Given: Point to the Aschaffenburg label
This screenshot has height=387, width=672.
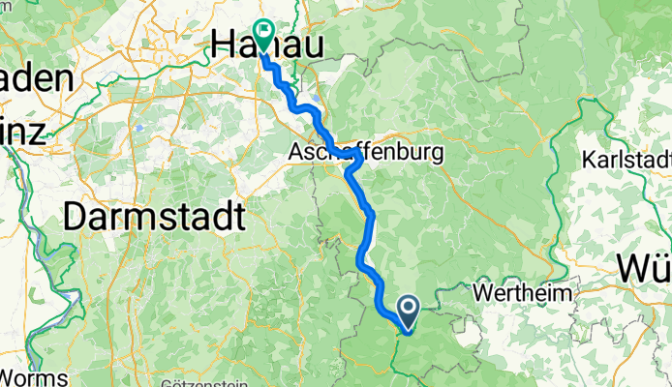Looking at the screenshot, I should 365,153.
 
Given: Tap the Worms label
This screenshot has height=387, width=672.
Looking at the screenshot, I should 34,376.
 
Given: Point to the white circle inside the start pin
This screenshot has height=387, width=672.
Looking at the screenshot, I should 408,309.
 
